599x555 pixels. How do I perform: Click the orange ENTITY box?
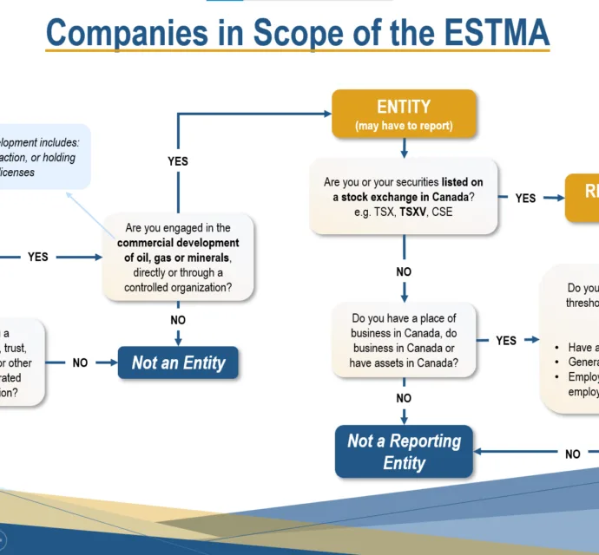pos(404,114)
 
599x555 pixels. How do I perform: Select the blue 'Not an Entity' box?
pos(178,362)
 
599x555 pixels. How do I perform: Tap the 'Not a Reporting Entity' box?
pos(404,451)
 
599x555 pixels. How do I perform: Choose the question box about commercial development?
pos(178,258)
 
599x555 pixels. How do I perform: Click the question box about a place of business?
pos(404,341)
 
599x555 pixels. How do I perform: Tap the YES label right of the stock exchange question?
pos(525,198)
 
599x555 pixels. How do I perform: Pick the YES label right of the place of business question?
pos(506,341)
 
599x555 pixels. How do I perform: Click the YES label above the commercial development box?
pos(178,161)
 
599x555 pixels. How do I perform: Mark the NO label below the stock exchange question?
pos(404,271)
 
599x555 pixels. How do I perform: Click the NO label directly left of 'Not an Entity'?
pos(80,362)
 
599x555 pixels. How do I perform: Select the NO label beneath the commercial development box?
pos(178,320)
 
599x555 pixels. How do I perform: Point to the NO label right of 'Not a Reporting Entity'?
pos(573,454)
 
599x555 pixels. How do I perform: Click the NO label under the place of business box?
pos(404,398)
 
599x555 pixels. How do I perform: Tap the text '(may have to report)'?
pos(404,127)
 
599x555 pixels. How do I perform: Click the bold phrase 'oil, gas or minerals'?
pos(180,258)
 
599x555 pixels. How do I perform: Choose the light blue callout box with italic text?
pos(43,157)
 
